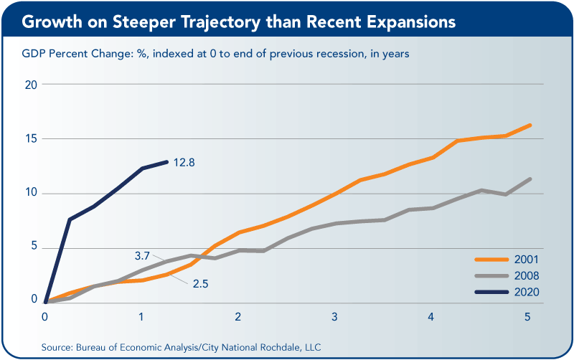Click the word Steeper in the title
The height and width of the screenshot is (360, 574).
click(144, 22)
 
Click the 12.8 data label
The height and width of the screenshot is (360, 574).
click(184, 162)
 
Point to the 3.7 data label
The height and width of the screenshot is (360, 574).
click(142, 256)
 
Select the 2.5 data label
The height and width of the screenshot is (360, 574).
click(201, 283)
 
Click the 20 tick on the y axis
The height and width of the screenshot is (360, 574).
click(31, 85)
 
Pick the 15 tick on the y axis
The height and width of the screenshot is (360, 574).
click(31, 138)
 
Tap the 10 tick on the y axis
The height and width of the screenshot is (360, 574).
click(31, 192)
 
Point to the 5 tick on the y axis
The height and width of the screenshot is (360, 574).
click(34, 245)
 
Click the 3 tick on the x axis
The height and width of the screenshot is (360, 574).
click(334, 316)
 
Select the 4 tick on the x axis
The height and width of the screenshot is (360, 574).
click(431, 316)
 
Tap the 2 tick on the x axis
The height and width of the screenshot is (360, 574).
click(238, 316)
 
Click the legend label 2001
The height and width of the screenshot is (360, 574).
click(527, 260)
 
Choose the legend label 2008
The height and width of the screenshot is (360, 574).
click(527, 275)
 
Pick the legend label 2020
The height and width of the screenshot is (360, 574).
click(527, 292)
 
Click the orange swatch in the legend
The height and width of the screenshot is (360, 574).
click(491, 260)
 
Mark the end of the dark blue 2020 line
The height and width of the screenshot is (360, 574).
click(167, 161)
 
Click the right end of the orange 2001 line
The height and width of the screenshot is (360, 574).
click(530, 125)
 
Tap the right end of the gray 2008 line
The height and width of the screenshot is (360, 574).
click(530, 179)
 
